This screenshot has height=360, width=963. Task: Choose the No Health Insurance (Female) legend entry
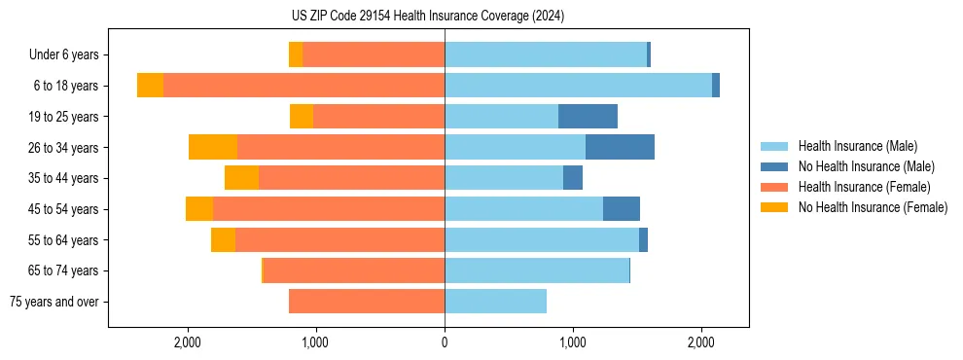(x=873, y=207)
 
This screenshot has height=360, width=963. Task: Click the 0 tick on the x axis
(x=445, y=342)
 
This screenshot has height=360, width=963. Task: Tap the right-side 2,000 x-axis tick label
(x=701, y=342)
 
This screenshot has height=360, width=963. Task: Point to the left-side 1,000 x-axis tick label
(x=316, y=342)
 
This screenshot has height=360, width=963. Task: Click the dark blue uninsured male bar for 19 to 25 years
(x=588, y=117)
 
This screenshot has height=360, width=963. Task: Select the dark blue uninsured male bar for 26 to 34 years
(x=620, y=147)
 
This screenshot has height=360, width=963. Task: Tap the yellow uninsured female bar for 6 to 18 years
(x=150, y=86)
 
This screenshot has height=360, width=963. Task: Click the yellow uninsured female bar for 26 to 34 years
(x=213, y=147)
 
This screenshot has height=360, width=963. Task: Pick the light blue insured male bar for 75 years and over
(x=495, y=302)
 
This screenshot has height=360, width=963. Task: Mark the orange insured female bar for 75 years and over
(x=367, y=302)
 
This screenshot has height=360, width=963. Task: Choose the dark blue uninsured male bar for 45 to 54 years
(x=622, y=209)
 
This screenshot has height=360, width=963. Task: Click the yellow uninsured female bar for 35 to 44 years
(x=241, y=178)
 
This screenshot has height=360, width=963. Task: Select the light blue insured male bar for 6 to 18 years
(x=578, y=86)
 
